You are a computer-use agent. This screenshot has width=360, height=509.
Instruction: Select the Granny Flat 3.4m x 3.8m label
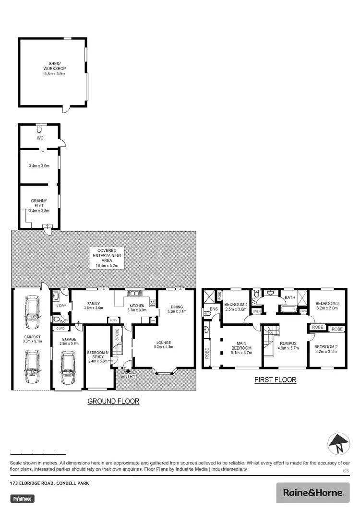pyautogui.click(x=39, y=205)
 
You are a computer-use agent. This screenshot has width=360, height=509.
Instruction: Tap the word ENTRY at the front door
pyautogui.click(x=129, y=376)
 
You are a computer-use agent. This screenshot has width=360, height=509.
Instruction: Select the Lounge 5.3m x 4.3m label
pyautogui.click(x=163, y=344)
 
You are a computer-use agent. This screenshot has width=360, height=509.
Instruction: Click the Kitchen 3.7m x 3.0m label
pyautogui.click(x=137, y=308)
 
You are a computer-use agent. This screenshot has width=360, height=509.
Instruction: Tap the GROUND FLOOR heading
pyautogui.click(x=113, y=402)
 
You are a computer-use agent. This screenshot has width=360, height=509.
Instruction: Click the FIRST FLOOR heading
pyautogui.click(x=276, y=380)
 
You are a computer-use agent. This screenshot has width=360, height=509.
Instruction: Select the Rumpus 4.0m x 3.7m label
pyautogui.click(x=289, y=345)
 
